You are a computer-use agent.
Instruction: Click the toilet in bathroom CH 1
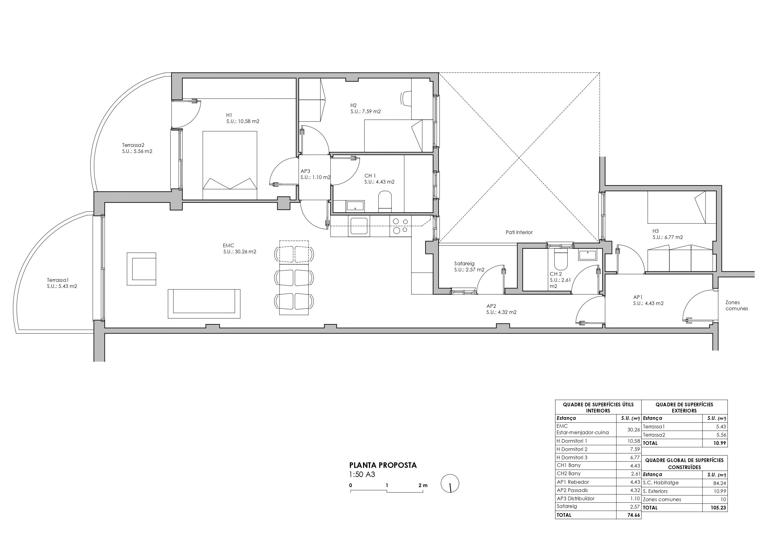(x=384, y=201)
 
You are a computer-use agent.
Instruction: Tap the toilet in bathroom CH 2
(x=560, y=261)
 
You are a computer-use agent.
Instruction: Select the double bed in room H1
(x=230, y=165)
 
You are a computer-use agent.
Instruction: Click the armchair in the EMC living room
(x=142, y=269)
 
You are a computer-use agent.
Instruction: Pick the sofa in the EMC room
(x=204, y=304)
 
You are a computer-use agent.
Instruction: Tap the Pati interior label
(x=519, y=232)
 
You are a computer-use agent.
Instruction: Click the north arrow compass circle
(x=450, y=483)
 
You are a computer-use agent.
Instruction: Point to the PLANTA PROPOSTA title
(x=383, y=465)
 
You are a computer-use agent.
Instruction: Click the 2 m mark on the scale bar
(x=423, y=485)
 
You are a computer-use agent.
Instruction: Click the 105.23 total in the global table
(x=719, y=508)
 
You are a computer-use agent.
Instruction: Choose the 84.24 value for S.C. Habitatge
(x=719, y=483)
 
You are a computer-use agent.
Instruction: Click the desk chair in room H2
(x=406, y=98)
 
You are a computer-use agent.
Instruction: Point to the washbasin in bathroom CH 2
(x=587, y=255)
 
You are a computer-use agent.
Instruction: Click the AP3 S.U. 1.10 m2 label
(x=315, y=174)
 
